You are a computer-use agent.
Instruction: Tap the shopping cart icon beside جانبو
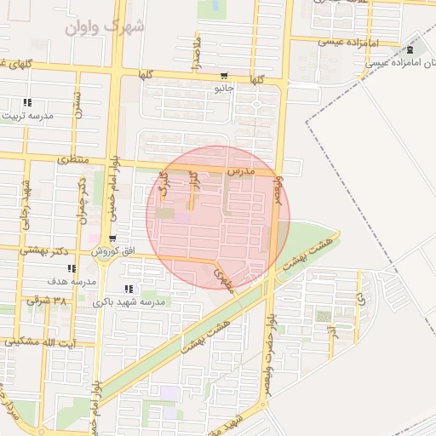tap(224, 74)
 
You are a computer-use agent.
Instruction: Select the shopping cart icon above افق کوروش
tap(113, 238)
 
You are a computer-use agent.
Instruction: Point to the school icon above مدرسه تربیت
tap(26, 102)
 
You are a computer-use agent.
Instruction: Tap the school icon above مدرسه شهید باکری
tap(129, 289)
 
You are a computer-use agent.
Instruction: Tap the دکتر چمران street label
tap(83, 200)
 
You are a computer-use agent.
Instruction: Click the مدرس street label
tap(240, 171)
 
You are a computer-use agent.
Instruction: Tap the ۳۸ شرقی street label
tap(47, 301)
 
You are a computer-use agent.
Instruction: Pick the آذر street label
tap(333, 329)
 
